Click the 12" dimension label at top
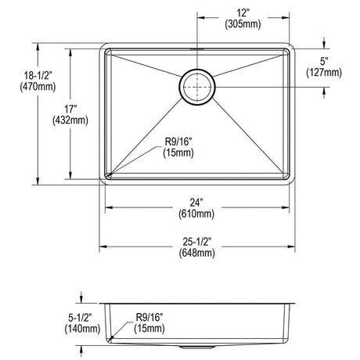(x=243, y=13)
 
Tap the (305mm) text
(x=243, y=24)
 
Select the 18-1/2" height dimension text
(x=38, y=75)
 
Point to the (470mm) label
(x=38, y=87)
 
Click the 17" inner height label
(x=70, y=109)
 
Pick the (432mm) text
(x=70, y=121)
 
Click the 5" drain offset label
(x=324, y=62)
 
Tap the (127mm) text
(x=324, y=73)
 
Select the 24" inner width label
(x=196, y=203)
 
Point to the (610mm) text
(x=196, y=214)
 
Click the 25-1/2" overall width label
(x=196, y=242)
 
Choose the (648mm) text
(x=197, y=253)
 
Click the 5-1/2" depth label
(x=80, y=318)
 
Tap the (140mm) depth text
(x=82, y=329)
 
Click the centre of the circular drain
(x=197, y=87)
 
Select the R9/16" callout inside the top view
(x=178, y=147)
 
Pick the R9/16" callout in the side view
(x=149, y=322)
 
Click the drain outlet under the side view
(x=197, y=347)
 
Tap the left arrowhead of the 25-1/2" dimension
(x=103, y=247)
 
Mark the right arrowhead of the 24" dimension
(x=286, y=207)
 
